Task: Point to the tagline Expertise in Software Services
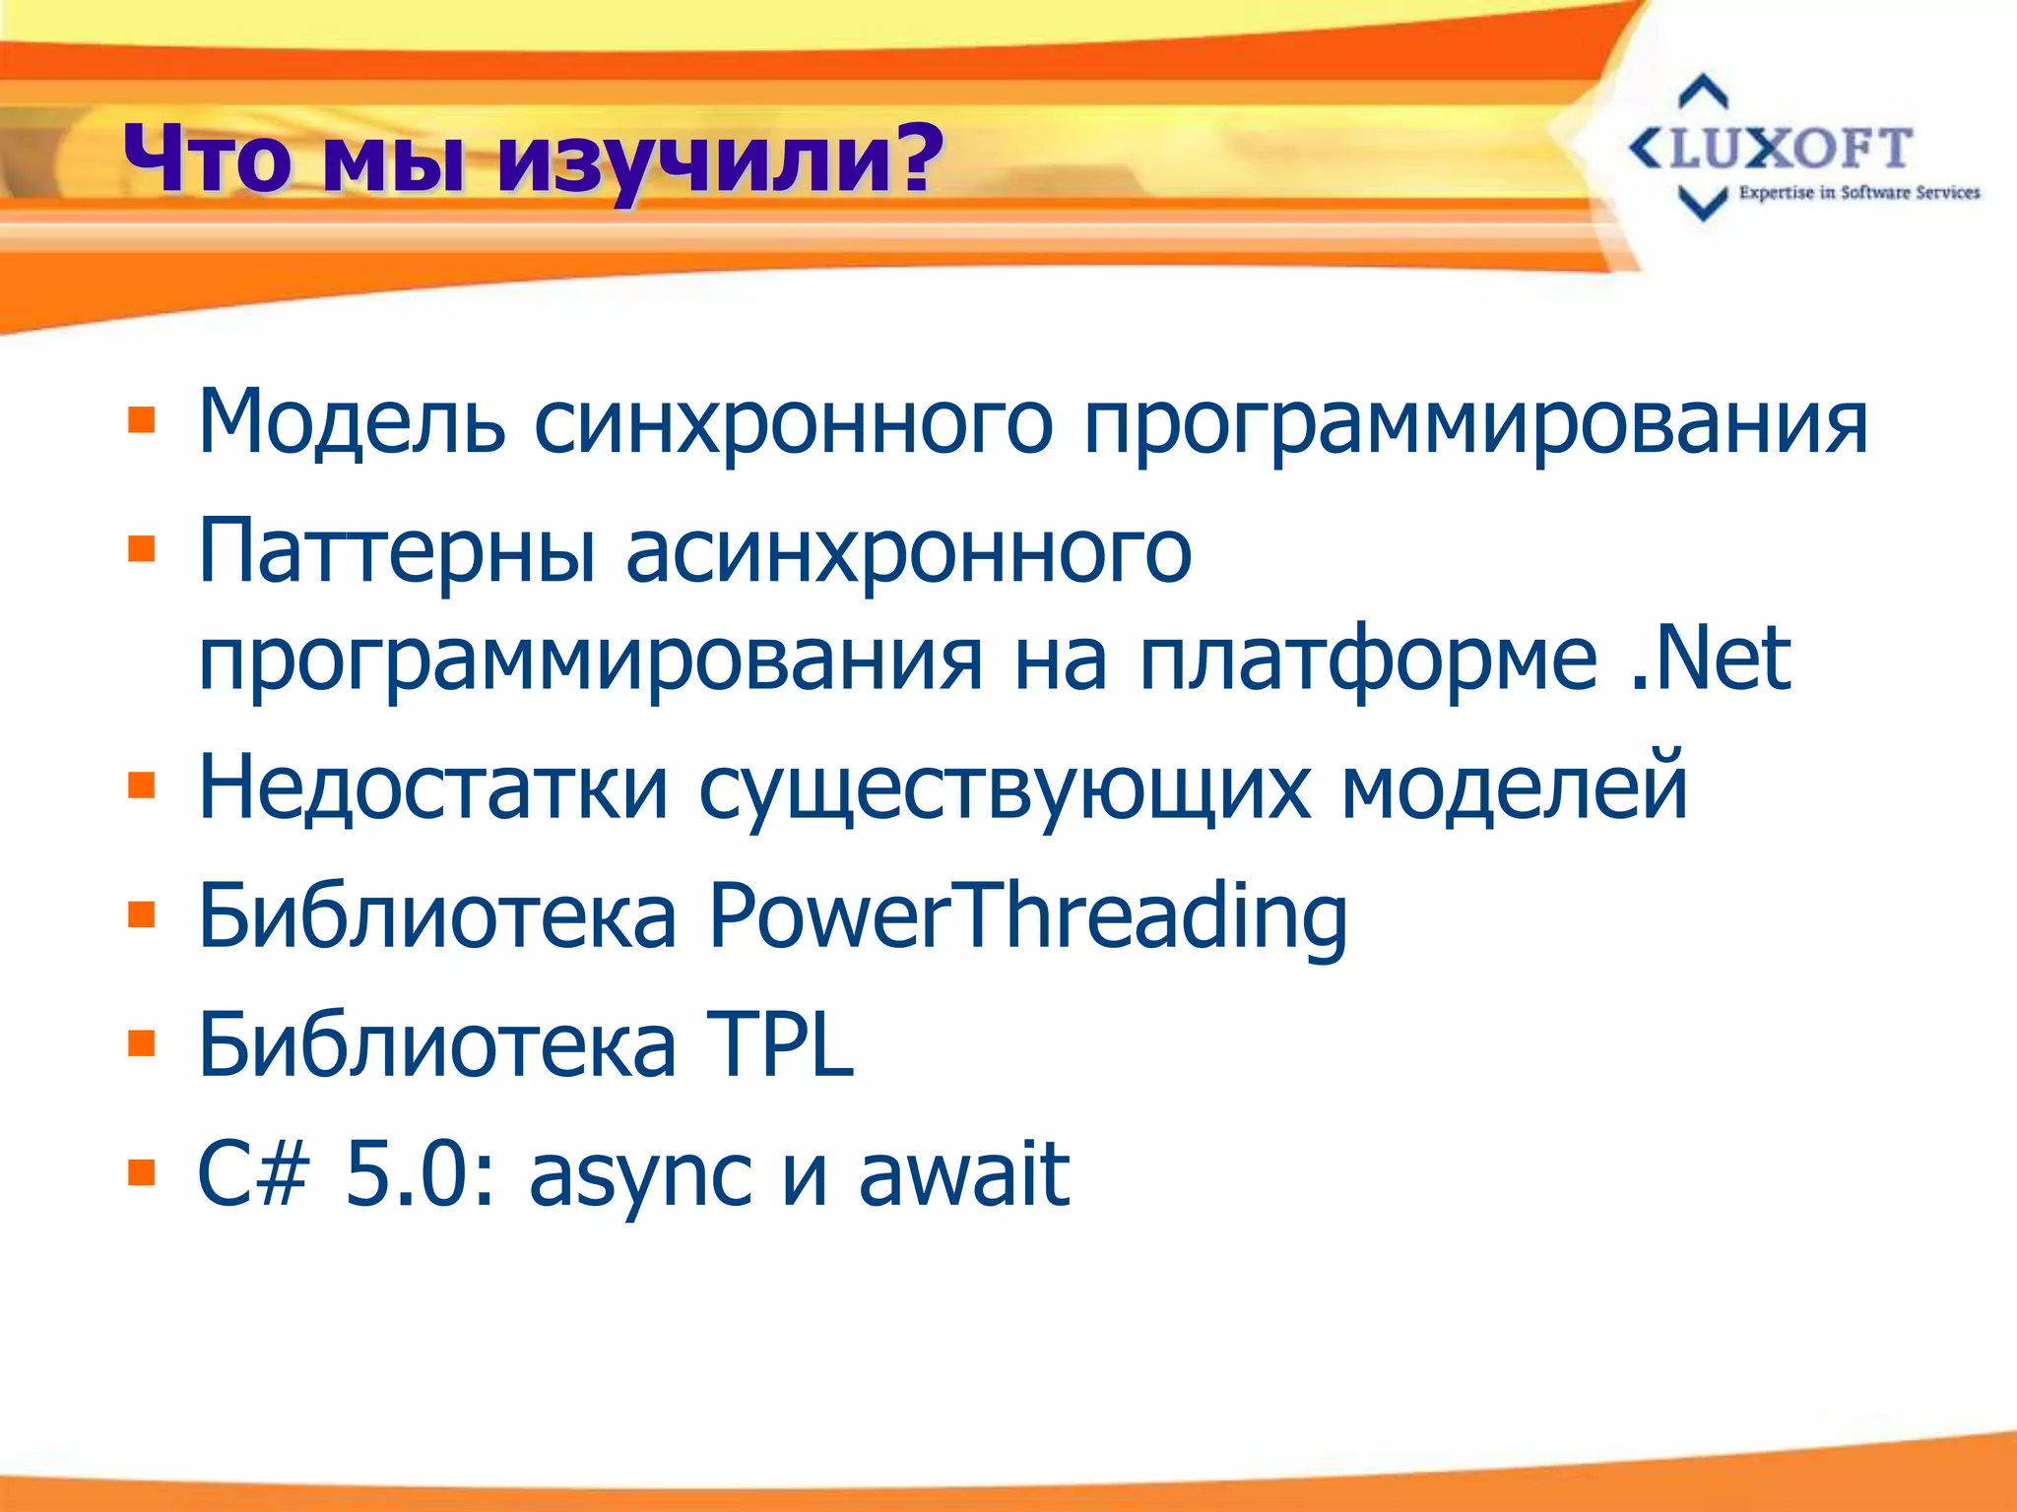point(1858,193)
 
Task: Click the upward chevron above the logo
point(1703,92)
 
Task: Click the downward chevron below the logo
point(1702,203)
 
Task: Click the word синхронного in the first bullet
point(793,423)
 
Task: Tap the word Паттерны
point(397,551)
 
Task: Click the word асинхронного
point(908,551)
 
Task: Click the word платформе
point(1368,660)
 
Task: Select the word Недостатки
point(433,787)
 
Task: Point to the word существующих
point(1005,788)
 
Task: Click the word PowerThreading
point(1027,916)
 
